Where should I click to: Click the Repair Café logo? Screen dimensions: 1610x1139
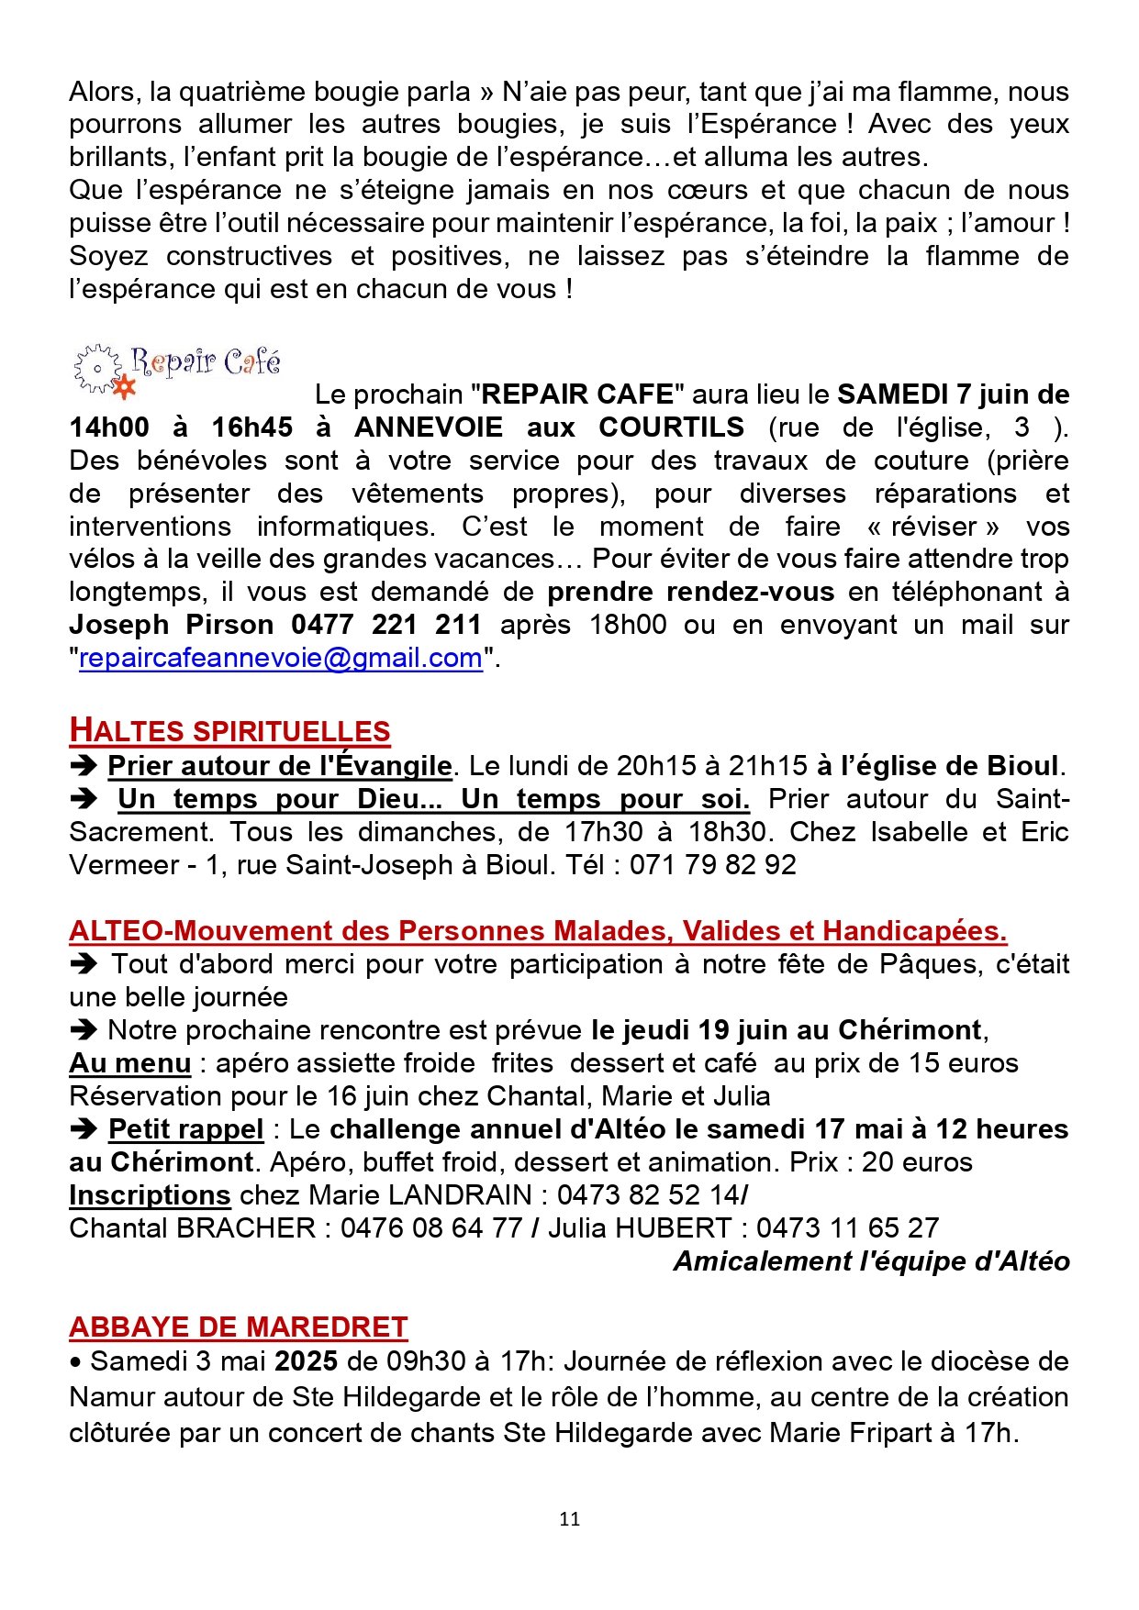[x=177, y=370]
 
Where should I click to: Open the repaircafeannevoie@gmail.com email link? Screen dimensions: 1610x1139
[x=281, y=659]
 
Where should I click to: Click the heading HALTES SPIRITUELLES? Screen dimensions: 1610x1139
[x=229, y=731]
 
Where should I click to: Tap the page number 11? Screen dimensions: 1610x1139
[x=569, y=1519]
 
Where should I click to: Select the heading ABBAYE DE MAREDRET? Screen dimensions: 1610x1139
[x=238, y=1327]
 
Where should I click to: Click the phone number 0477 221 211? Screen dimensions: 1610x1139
[x=386, y=626]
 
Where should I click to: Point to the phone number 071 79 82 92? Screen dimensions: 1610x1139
[x=712, y=865]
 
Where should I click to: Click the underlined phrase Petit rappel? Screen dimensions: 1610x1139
[x=186, y=1129]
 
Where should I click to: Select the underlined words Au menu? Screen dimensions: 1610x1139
[x=130, y=1063]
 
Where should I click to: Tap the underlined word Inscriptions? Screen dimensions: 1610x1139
[x=150, y=1195]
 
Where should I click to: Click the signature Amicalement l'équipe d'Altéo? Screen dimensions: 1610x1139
[x=871, y=1261]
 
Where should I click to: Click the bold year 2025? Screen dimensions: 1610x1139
[x=307, y=1361]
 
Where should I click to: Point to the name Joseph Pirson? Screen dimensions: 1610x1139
[x=172, y=626]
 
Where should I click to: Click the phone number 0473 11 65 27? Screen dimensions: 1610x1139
[x=847, y=1228]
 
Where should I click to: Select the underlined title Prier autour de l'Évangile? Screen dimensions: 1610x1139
[x=280, y=766]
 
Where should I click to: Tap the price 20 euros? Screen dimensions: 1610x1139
[x=917, y=1162]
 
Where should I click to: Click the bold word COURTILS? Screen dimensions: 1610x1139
[x=672, y=427]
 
